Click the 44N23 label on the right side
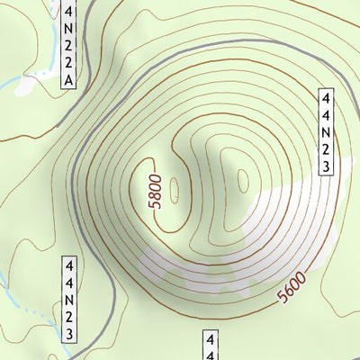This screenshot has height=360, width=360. click(x=327, y=131)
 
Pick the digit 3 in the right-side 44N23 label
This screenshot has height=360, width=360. click(x=327, y=166)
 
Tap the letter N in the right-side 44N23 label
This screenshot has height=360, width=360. click(x=327, y=131)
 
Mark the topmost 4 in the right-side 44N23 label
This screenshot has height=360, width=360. click(x=327, y=97)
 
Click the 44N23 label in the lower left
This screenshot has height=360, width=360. click(x=68, y=300)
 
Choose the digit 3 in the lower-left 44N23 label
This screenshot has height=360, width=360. click(x=68, y=334)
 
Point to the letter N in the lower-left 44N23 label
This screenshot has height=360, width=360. click(x=68, y=300)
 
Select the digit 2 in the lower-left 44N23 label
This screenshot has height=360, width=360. click(x=68, y=317)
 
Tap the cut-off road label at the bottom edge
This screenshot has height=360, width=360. click(x=210, y=346)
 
